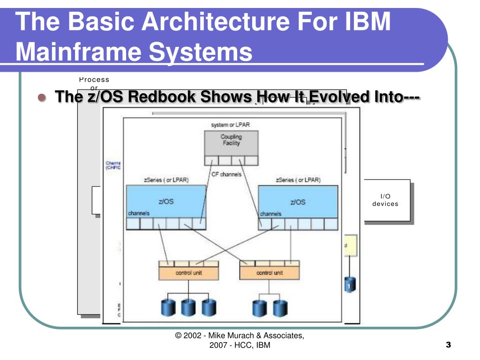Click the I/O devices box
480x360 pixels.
[x=385, y=200]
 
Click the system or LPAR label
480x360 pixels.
[x=231, y=124]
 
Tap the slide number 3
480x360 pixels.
[x=448, y=345]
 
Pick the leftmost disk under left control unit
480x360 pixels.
[x=168, y=308]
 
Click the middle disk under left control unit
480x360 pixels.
[x=188, y=308]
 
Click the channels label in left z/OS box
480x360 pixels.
[x=139, y=213]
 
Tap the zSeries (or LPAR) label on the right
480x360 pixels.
[x=298, y=180]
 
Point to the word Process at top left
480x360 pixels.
[x=94, y=80]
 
